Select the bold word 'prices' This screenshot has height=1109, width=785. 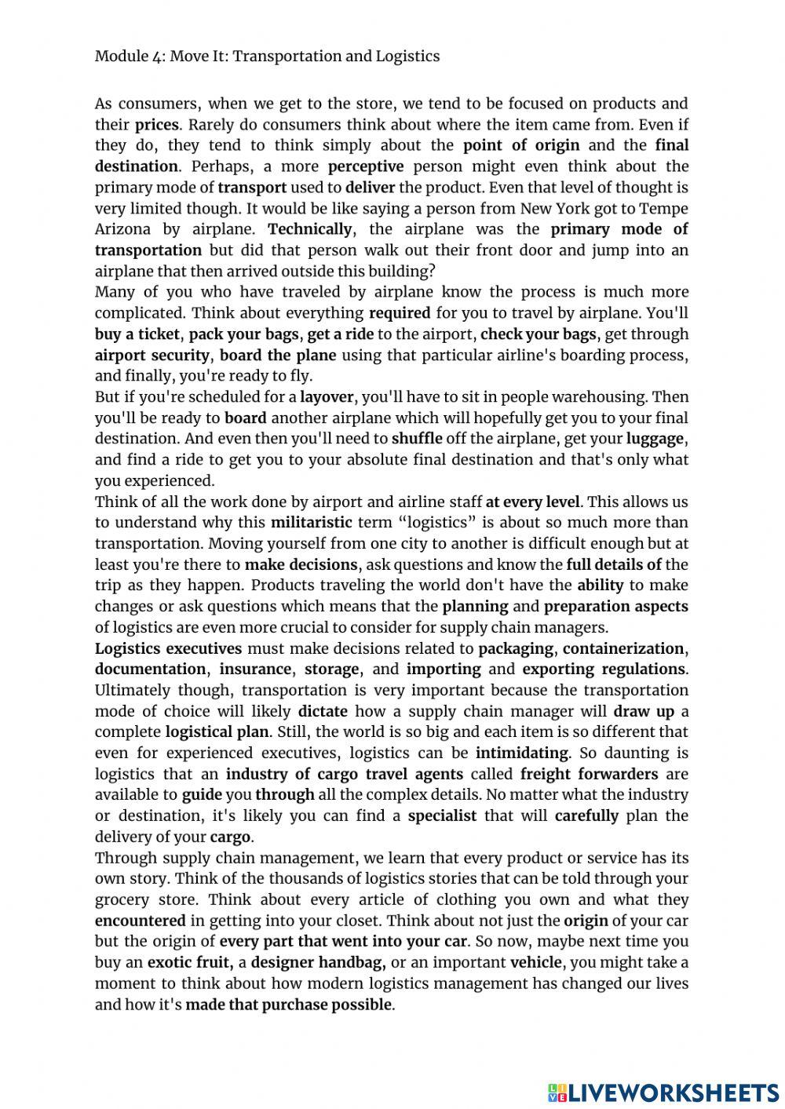pyautogui.click(x=157, y=125)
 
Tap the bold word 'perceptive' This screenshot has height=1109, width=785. pyautogui.click(x=366, y=166)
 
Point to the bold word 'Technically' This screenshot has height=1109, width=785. pyautogui.click(x=310, y=229)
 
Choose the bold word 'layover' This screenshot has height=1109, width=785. pyautogui.click(x=327, y=397)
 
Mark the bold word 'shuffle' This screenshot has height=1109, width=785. pyautogui.click(x=417, y=439)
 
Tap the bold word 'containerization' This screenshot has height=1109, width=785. pyautogui.click(x=623, y=648)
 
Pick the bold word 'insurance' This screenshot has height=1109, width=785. pyautogui.click(x=255, y=669)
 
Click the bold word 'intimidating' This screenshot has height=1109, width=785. pyautogui.click(x=522, y=753)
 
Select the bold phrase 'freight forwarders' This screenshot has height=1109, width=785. pyautogui.click(x=589, y=775)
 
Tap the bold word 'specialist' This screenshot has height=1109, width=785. pyautogui.click(x=442, y=816)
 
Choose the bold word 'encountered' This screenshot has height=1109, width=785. pyautogui.click(x=141, y=921)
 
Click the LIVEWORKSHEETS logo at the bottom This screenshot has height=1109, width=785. pyautogui.click(x=663, y=1093)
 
